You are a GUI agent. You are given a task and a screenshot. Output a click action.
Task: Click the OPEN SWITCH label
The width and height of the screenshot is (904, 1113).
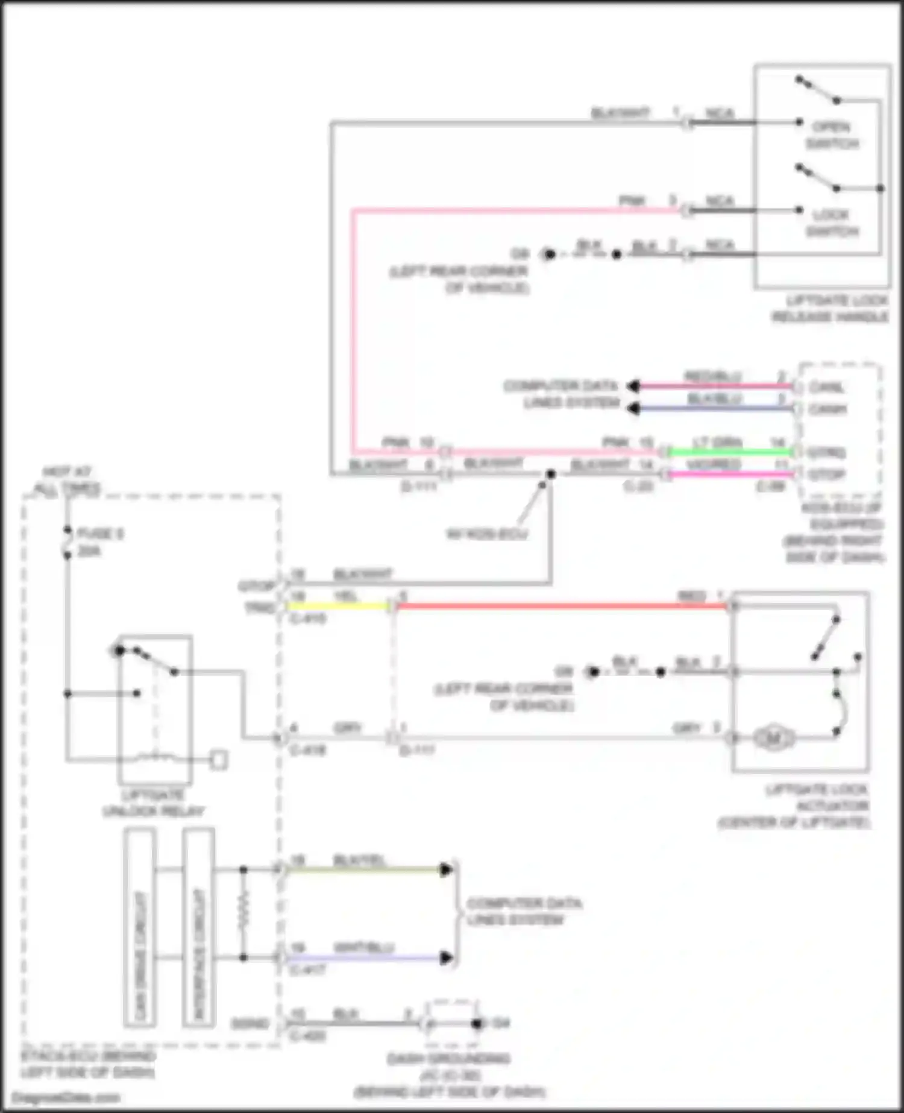831,135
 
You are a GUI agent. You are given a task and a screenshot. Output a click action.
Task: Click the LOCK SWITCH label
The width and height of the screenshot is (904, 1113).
831,222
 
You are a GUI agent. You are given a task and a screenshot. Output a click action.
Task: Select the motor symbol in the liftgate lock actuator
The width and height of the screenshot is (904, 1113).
773,738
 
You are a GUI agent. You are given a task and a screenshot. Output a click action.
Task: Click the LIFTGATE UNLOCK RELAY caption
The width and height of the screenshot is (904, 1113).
153,803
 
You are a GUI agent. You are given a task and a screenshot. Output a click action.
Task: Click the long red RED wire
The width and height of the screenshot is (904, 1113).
560,605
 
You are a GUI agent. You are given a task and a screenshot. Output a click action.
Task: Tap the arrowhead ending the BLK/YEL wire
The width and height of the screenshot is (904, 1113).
447,869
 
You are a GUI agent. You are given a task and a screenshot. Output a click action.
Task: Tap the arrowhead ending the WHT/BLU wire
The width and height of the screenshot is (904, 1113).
447,957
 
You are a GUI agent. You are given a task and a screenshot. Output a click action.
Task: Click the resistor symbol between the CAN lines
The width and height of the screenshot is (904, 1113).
243,913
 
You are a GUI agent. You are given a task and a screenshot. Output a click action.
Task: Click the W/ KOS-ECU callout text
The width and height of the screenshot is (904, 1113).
486,534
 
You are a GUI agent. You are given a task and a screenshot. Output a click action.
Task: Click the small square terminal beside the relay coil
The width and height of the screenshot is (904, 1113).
219,760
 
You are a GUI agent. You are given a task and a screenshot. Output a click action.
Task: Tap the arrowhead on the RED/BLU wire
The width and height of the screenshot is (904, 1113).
633,386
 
